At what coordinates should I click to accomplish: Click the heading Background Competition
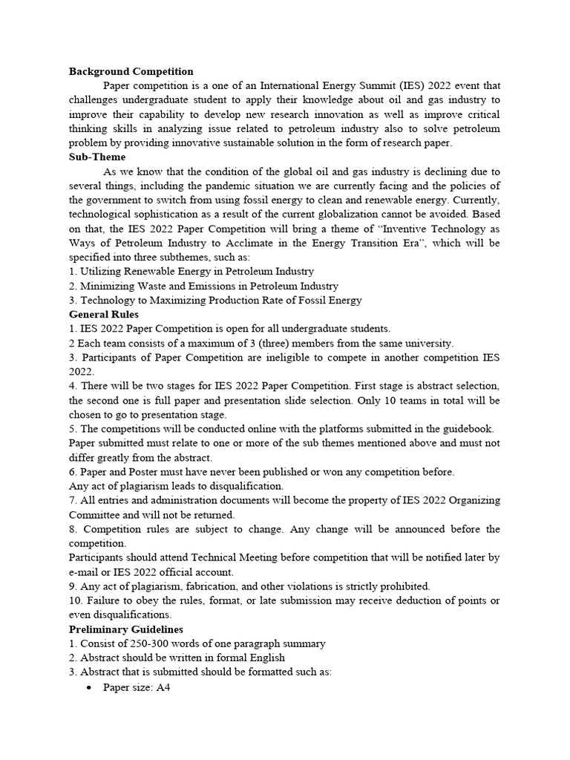(x=131, y=72)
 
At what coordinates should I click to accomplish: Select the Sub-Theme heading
(x=97, y=157)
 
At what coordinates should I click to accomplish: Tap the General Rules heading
(x=103, y=314)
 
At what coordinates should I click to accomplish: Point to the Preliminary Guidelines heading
(x=125, y=629)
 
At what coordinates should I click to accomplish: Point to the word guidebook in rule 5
(x=467, y=428)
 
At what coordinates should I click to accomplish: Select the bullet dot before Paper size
(x=89, y=687)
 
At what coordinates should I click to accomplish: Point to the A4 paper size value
(x=163, y=687)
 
